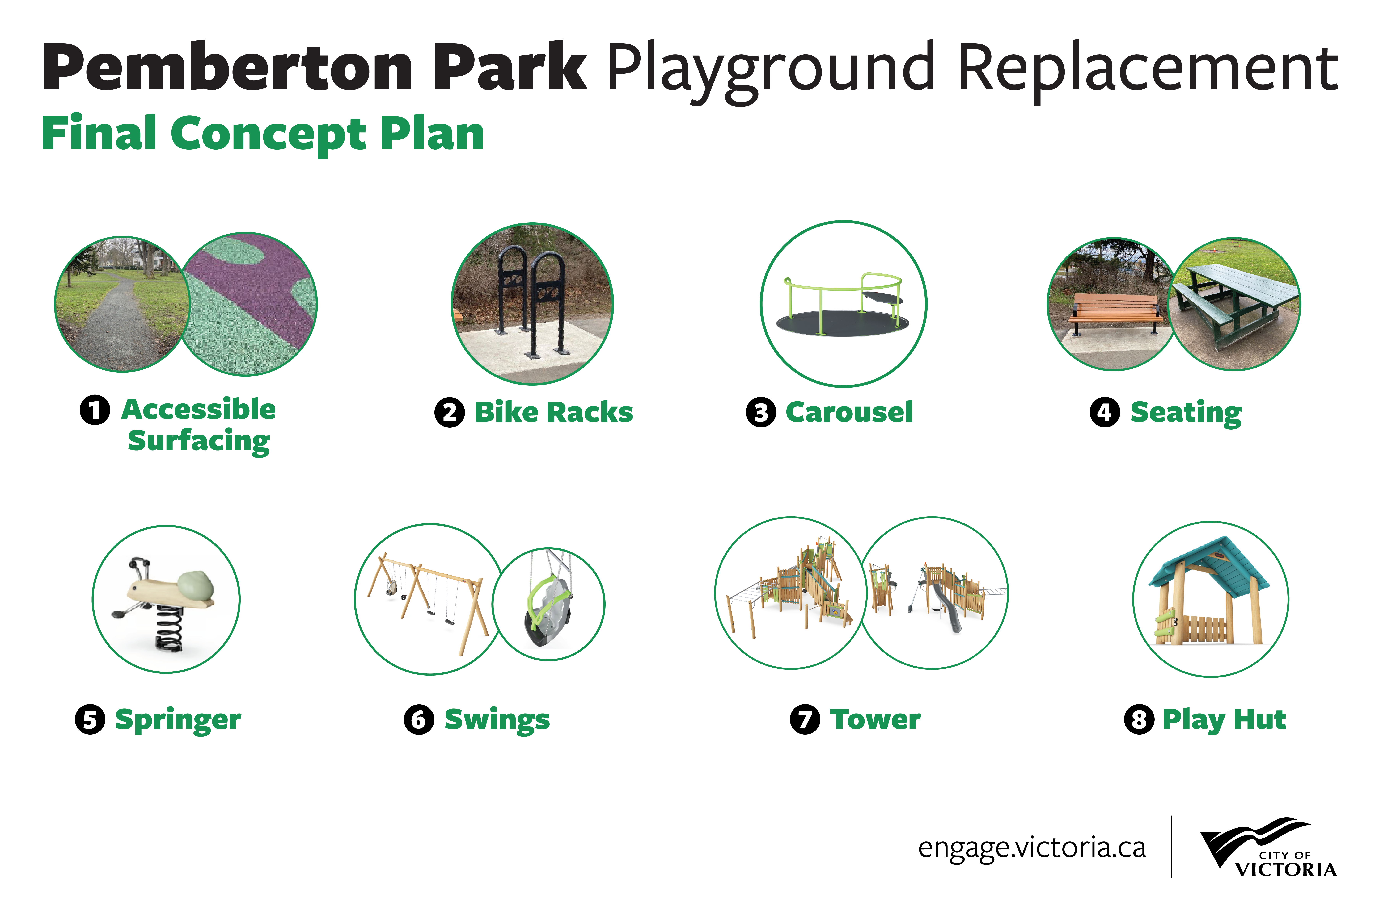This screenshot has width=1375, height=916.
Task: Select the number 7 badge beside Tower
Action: click(x=805, y=719)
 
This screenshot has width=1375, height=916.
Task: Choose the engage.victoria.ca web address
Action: click(x=1032, y=848)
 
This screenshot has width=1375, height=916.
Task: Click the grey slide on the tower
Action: click(x=946, y=608)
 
